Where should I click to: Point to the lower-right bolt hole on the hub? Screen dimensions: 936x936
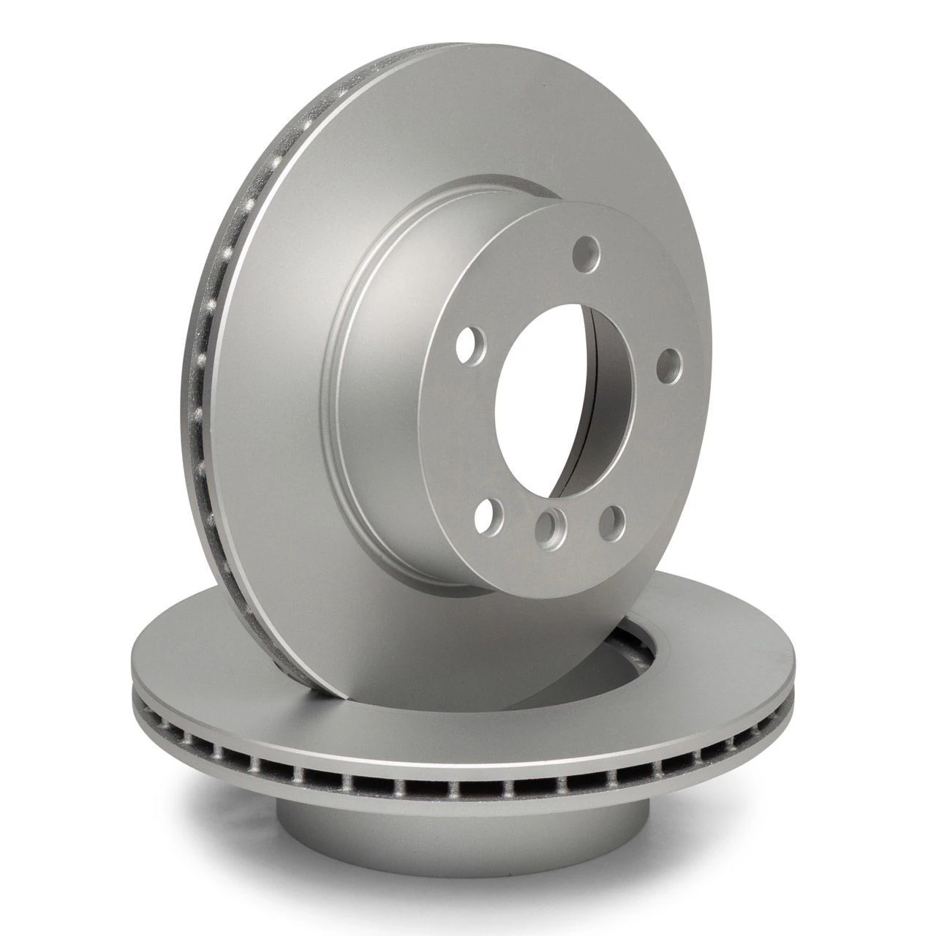(x=611, y=520)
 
